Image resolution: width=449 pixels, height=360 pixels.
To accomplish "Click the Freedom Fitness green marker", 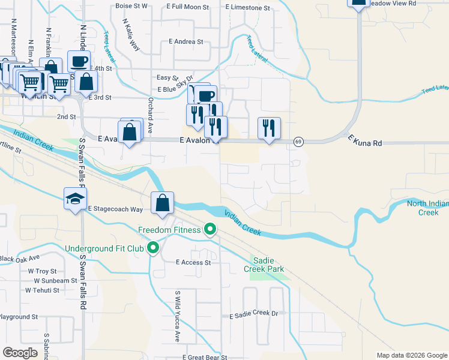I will (x=209, y=229).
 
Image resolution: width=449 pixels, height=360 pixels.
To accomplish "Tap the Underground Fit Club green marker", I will (x=154, y=247).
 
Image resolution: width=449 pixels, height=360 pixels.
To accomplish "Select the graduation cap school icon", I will (x=76, y=199).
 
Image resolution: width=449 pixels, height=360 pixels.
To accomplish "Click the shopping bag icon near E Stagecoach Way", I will (x=162, y=203).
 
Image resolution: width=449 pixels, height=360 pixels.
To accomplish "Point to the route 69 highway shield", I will (x=298, y=142).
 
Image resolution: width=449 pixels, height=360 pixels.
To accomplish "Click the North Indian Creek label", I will (x=427, y=208).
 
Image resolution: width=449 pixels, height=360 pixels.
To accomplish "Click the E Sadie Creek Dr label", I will (x=255, y=314).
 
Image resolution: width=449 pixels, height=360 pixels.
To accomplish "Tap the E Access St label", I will (x=193, y=262).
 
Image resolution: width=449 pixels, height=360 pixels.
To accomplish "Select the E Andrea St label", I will (x=186, y=42).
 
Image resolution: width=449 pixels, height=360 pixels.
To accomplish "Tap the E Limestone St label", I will (x=247, y=7).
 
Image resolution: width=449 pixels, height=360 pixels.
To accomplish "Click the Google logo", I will (x=20, y=353).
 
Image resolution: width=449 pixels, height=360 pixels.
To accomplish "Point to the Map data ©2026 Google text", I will (x=411, y=355).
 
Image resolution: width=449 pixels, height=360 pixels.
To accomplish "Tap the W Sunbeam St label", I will (x=55, y=280).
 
